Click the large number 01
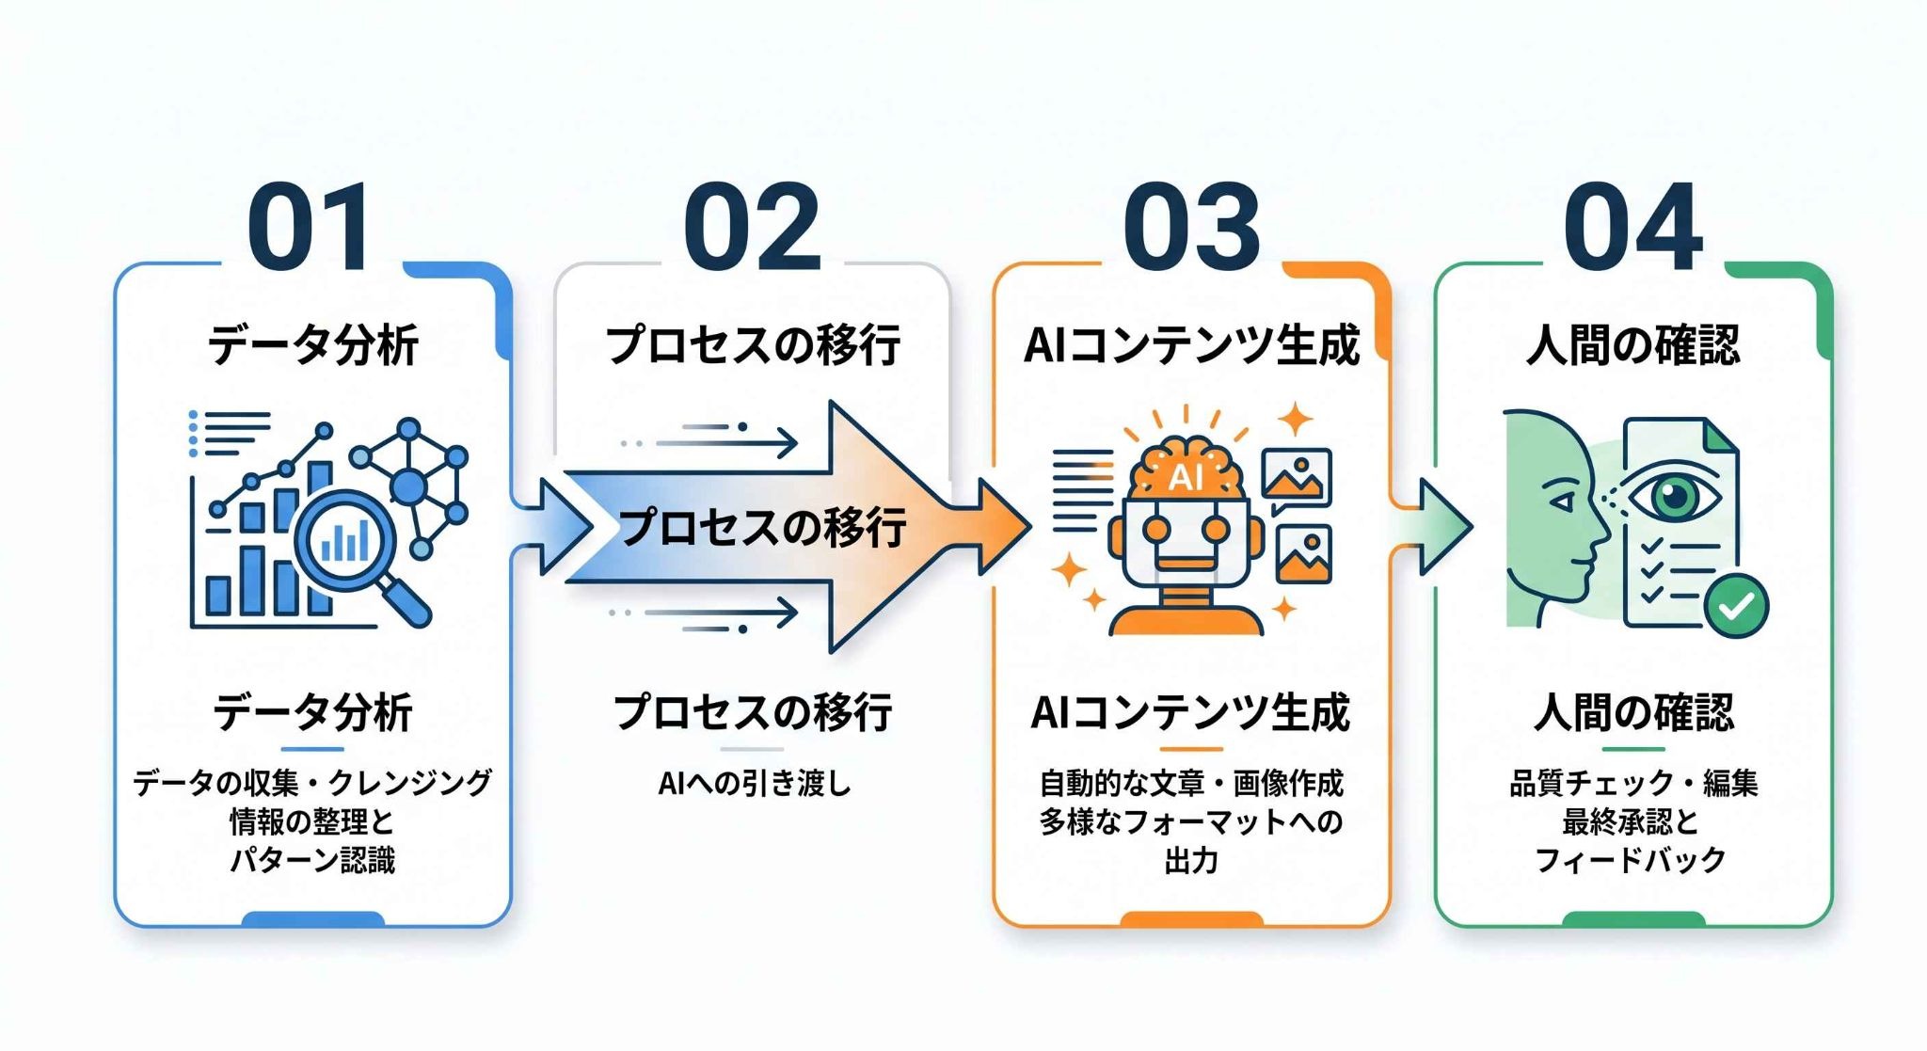[310, 227]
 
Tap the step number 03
[1191, 227]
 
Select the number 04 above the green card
[1633, 227]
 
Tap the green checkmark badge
[1735, 606]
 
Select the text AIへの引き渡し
[754, 783]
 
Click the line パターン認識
[312, 860]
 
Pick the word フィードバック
[1631, 860]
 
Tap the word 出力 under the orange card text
[1191, 860]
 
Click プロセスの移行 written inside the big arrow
[763, 527]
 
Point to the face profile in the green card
[1553, 518]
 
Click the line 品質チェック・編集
[1633, 783]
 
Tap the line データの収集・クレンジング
[312, 783]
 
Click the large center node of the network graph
[408, 486]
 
